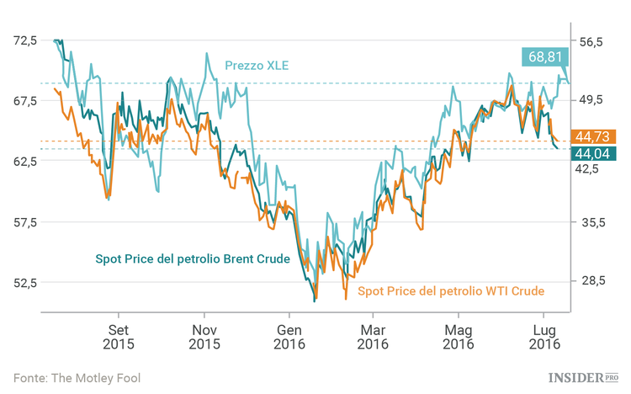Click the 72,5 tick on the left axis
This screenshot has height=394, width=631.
point(26,40)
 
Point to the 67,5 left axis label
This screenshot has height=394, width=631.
point(26,101)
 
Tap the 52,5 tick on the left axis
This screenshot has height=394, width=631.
point(26,283)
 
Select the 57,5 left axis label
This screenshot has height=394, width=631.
point(26,222)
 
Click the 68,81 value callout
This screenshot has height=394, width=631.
point(545,57)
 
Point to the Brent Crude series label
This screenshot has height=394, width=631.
point(192,258)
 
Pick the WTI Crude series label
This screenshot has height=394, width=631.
point(451,290)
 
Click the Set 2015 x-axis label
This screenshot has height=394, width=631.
point(119,336)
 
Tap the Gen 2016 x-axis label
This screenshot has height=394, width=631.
point(289,336)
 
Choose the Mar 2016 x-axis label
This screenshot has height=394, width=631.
point(373,336)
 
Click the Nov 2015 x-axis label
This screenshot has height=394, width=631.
point(204,336)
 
